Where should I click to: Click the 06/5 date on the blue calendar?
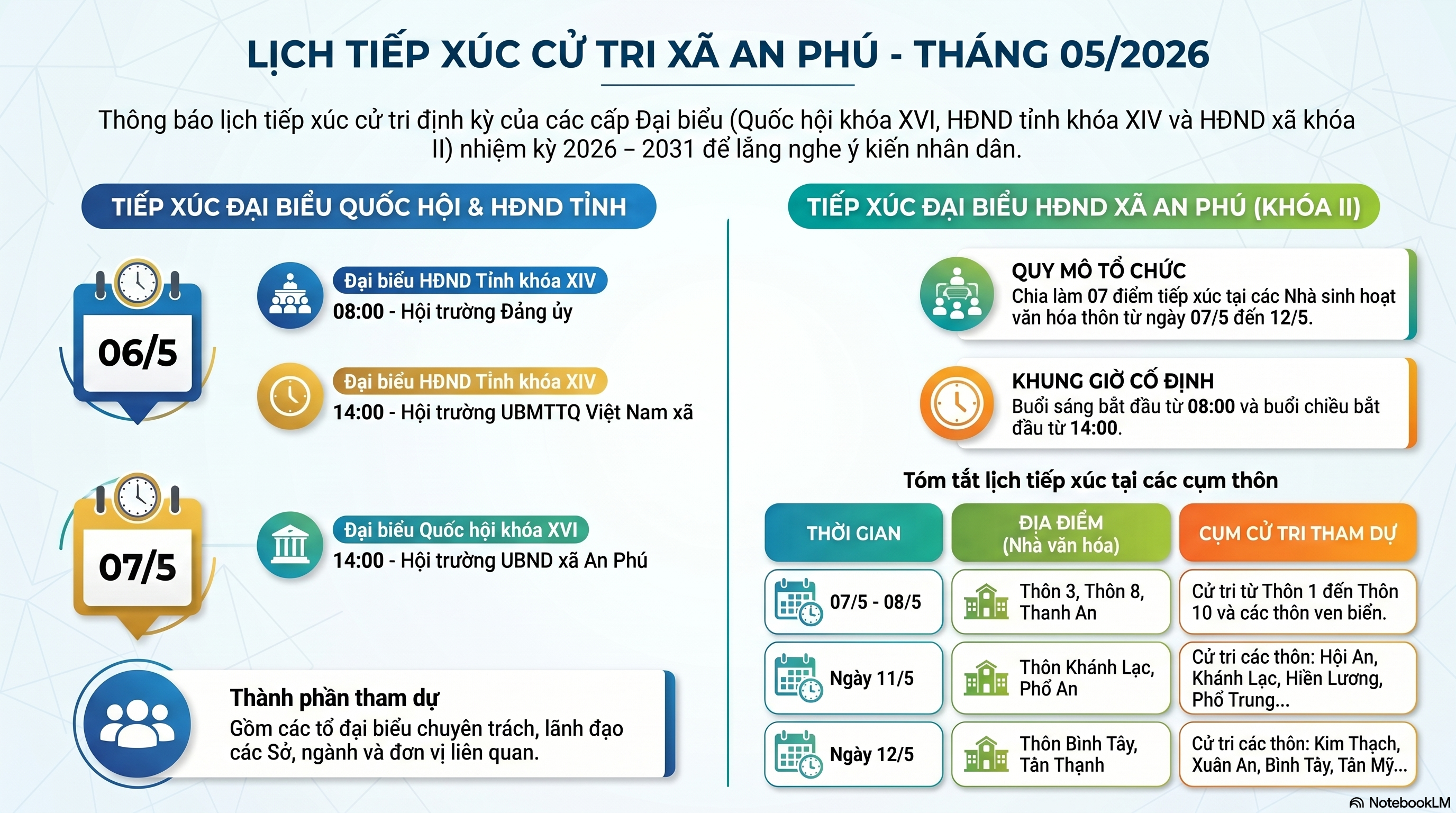(138, 353)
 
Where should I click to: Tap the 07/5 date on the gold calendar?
(138, 567)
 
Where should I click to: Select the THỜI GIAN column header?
(853, 532)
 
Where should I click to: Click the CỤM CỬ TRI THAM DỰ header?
(1298, 532)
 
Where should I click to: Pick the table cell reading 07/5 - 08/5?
(853, 602)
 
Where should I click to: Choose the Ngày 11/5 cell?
(853, 678)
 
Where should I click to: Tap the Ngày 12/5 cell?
(853, 754)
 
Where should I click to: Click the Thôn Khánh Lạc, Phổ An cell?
(1061, 678)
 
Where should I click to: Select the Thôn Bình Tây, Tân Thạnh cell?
(1061, 754)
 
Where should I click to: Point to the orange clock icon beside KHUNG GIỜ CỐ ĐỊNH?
(957, 403)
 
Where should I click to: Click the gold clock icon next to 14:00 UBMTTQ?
(290, 396)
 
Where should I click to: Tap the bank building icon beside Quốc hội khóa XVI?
(290, 545)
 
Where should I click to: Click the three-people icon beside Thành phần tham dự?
(137, 724)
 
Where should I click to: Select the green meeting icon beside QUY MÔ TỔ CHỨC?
(957, 294)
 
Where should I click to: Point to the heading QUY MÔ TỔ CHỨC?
(1099, 271)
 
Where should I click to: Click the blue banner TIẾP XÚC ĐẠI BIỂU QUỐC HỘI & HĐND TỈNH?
(369, 206)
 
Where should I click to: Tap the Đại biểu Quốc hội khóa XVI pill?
(461, 530)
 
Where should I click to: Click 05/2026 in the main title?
(1134, 55)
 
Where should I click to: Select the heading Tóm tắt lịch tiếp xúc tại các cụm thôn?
(1090, 480)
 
